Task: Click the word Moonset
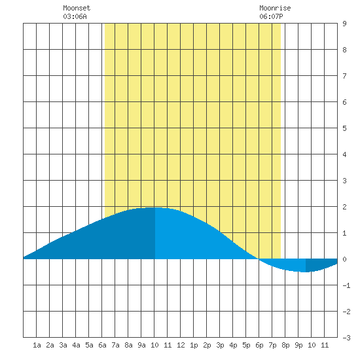(x=77, y=8)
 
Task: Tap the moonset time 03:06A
(x=75, y=16)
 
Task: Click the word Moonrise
(x=275, y=8)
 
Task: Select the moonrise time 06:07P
(x=271, y=16)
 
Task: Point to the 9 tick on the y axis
(x=344, y=24)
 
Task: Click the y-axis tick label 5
(x=344, y=128)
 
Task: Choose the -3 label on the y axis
(x=346, y=338)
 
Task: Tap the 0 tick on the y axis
(x=344, y=259)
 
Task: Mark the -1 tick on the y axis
(x=346, y=285)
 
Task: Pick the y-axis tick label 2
(x=344, y=207)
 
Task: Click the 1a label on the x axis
(x=37, y=345)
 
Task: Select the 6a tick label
(x=102, y=345)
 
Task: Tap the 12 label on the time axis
(x=181, y=345)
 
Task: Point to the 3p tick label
(x=220, y=345)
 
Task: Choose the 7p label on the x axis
(x=272, y=345)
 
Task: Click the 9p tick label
(x=298, y=345)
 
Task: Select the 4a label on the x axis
(x=76, y=345)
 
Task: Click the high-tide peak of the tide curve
(x=154, y=207)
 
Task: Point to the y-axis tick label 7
(x=344, y=76)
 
